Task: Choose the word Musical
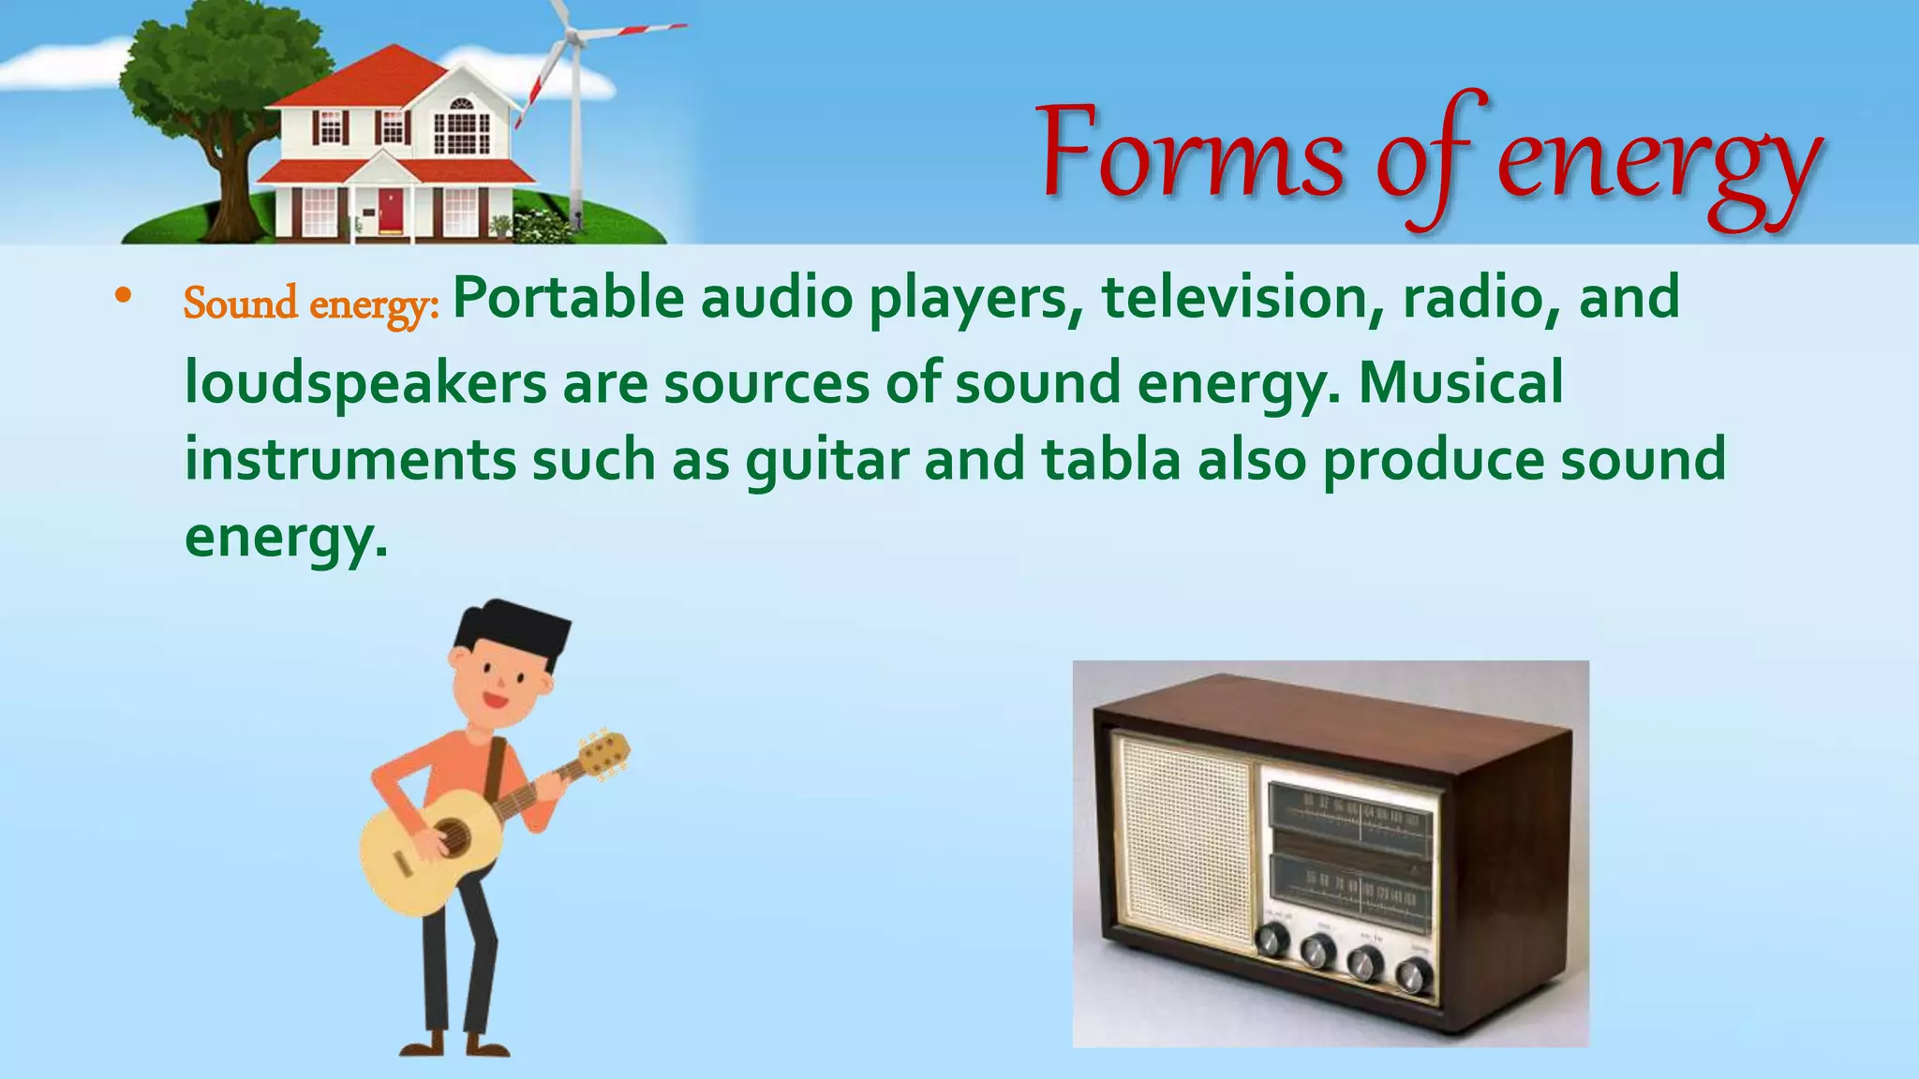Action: (x=1461, y=383)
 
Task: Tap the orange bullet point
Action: (x=123, y=297)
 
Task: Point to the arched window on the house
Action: (x=462, y=105)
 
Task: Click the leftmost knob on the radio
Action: (x=1272, y=939)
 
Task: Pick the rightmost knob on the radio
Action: (x=1412, y=975)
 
